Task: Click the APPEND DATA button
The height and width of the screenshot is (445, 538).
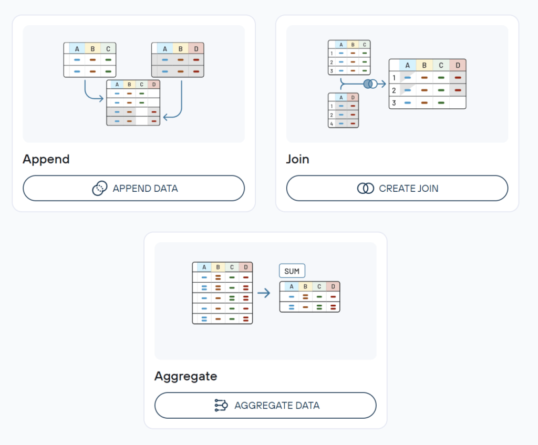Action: [133, 188]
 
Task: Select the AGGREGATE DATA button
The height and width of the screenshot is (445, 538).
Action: [265, 406]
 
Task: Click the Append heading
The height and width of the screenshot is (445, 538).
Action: [46, 159]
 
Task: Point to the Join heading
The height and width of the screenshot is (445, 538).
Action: [297, 159]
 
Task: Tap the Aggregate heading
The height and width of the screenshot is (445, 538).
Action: [185, 376]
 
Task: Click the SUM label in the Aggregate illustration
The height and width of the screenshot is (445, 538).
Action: [292, 271]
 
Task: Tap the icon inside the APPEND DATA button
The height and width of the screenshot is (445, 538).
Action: [99, 189]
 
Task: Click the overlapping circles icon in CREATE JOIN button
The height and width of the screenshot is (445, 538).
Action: [365, 189]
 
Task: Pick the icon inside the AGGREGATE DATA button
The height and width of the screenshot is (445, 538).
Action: [221, 406]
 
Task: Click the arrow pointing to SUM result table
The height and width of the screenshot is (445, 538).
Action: [264, 293]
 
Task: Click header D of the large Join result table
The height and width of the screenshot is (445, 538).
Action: [458, 66]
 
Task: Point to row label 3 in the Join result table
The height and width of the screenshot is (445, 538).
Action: [394, 103]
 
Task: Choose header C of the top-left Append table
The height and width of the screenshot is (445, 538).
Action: [108, 49]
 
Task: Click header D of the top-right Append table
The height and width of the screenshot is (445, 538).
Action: [196, 49]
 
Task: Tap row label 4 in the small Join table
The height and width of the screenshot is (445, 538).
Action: [332, 123]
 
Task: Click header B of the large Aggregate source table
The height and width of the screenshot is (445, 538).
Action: [218, 267]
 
